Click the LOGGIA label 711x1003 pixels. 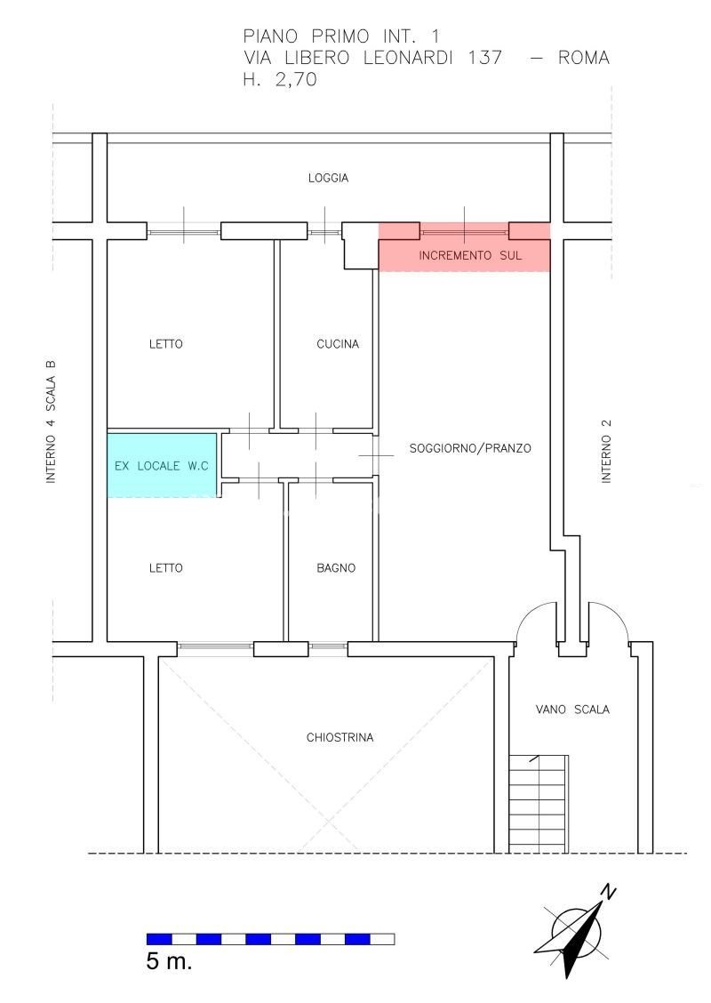(x=328, y=178)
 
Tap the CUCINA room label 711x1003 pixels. (x=338, y=344)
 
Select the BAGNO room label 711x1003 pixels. (x=336, y=567)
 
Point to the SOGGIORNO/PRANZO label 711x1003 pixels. (x=470, y=448)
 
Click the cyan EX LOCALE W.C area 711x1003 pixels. (x=163, y=465)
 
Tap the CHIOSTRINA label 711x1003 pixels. (x=340, y=737)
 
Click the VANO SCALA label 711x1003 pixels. (x=572, y=710)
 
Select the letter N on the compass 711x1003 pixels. (x=609, y=892)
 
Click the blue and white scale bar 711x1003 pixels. (x=270, y=939)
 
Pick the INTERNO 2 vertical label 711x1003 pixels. (x=607, y=450)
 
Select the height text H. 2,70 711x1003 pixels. (x=280, y=80)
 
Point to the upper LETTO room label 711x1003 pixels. (x=166, y=344)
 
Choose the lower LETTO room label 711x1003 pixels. (x=166, y=567)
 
